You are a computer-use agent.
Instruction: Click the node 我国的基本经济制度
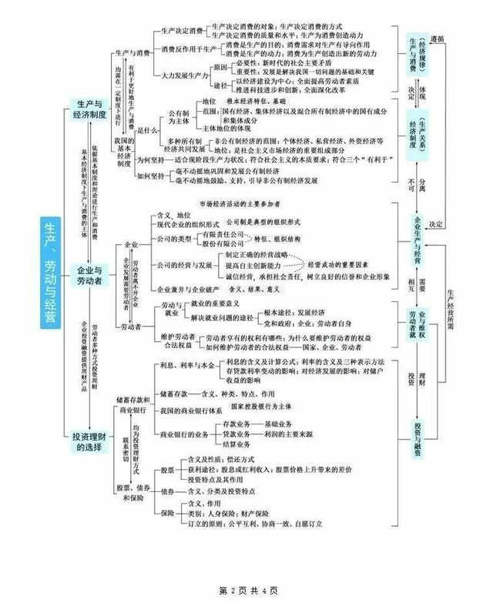point(123,152)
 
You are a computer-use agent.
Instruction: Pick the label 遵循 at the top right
point(437,36)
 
